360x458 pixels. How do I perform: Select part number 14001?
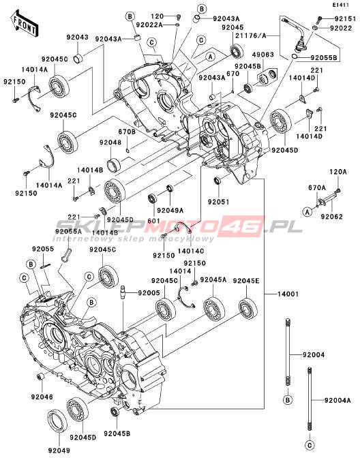coord(288,294)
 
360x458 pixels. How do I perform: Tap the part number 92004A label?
coord(337,401)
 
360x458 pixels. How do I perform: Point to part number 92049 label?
coord(59,451)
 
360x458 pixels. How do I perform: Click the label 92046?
coord(42,397)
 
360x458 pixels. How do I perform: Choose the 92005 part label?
coord(149,292)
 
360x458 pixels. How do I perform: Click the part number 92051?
coord(219,202)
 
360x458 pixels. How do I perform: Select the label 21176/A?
coord(251,35)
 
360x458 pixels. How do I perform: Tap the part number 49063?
coord(263,55)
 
